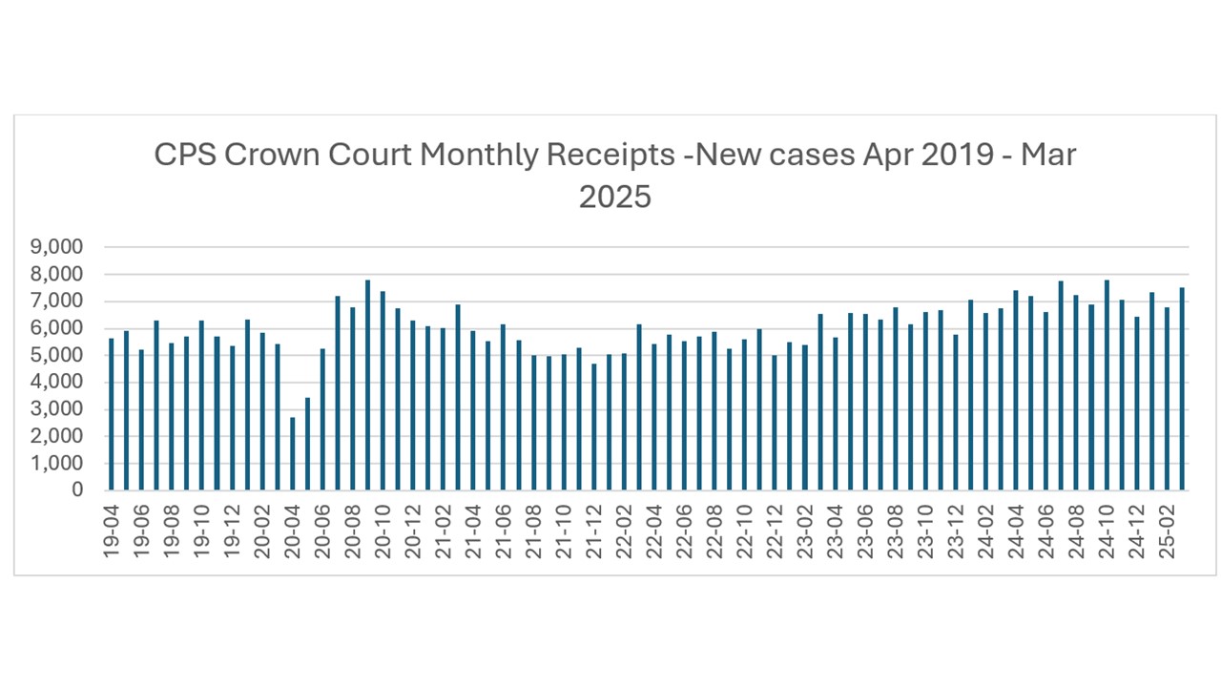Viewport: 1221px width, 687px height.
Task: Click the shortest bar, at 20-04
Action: (x=293, y=454)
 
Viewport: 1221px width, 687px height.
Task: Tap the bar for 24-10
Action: (x=1107, y=385)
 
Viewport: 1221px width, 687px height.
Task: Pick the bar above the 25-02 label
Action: (x=1167, y=399)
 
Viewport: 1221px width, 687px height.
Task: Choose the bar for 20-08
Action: (x=353, y=399)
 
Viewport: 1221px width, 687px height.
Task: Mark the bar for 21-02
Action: (x=443, y=409)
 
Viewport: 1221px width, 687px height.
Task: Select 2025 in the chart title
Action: (x=614, y=197)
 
